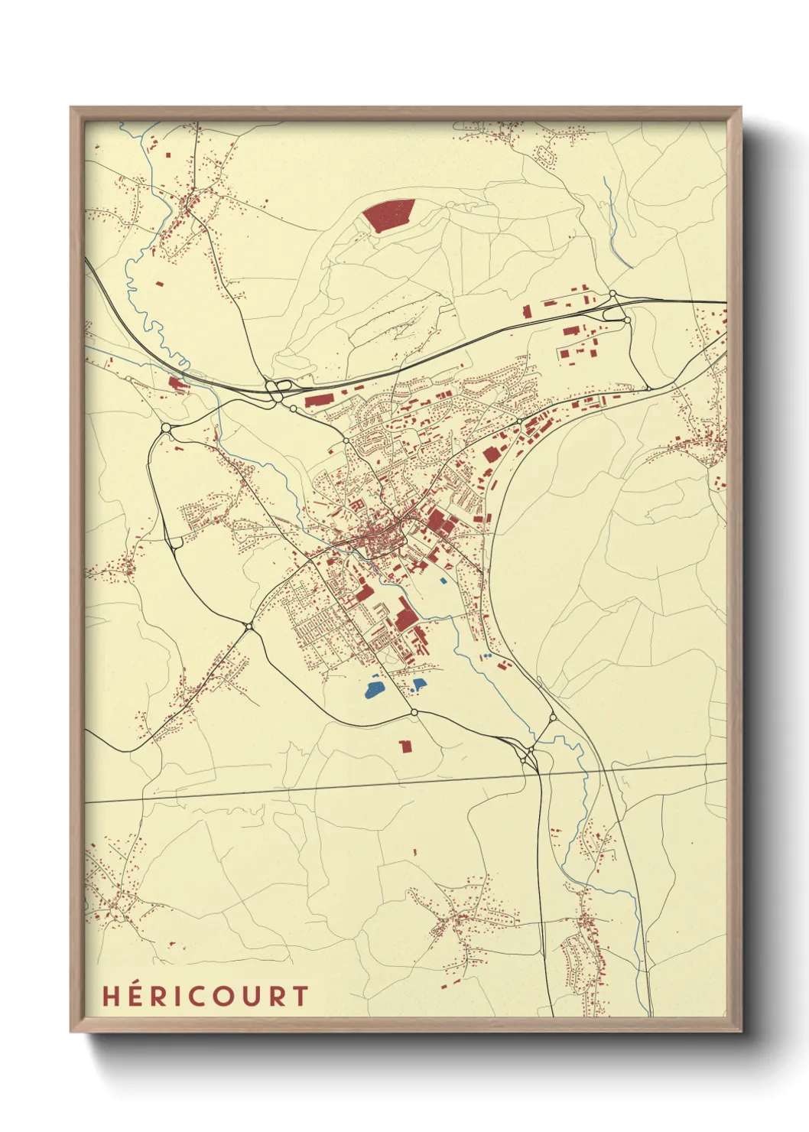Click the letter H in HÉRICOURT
[111, 996]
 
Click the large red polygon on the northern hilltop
[388, 214]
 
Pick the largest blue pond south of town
[375, 691]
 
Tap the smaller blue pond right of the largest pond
[418, 685]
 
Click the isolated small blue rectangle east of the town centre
[443, 581]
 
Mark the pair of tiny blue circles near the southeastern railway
[487, 656]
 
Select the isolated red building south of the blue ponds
[405, 745]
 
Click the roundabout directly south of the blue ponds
[414, 713]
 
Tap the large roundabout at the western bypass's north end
[166, 427]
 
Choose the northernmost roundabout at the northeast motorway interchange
[612, 294]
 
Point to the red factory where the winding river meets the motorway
[177, 383]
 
